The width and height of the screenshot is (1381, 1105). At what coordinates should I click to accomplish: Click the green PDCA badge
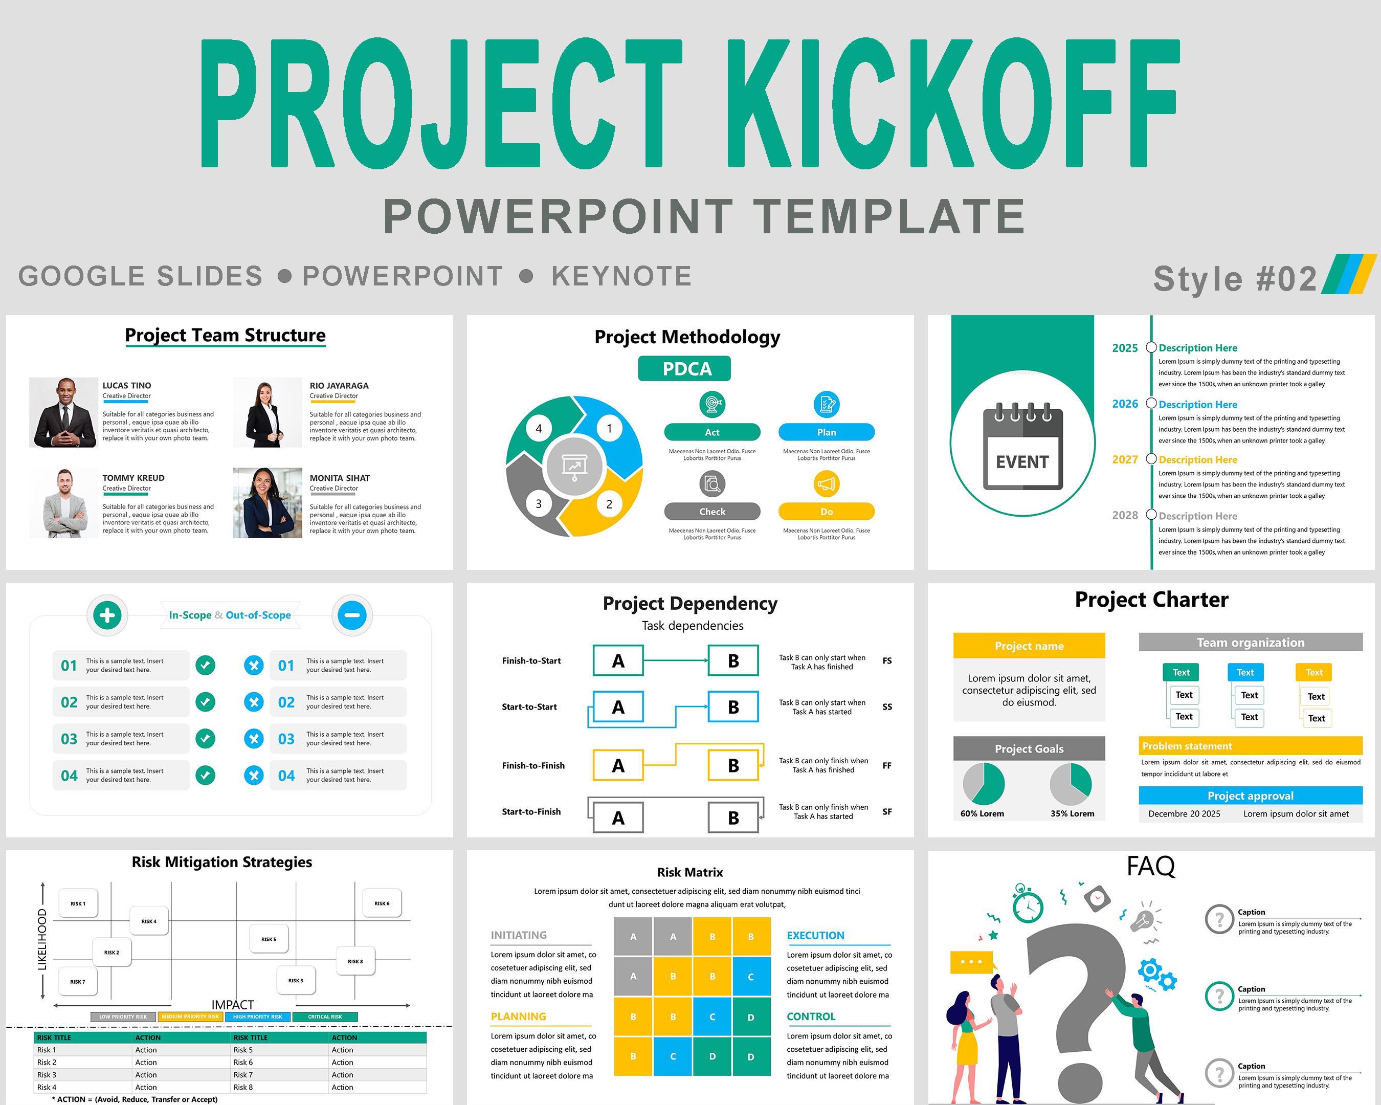click(x=684, y=369)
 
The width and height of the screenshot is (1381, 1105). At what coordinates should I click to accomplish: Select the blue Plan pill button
click(x=826, y=432)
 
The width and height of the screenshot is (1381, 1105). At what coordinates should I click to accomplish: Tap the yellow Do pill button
click(x=826, y=512)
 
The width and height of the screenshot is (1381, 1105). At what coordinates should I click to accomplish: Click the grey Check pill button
click(x=712, y=512)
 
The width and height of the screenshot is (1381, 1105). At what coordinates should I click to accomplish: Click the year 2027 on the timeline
click(x=1125, y=460)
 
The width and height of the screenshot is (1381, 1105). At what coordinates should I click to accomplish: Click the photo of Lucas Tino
click(x=63, y=412)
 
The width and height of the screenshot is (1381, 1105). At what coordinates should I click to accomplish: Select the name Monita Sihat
click(x=340, y=478)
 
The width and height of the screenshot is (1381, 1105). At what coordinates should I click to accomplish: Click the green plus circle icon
click(x=107, y=615)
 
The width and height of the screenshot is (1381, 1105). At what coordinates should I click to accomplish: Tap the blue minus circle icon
click(x=352, y=615)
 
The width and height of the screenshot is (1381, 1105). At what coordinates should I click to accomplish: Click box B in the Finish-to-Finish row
click(x=733, y=765)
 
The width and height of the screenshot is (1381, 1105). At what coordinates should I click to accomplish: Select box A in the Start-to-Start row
click(x=618, y=707)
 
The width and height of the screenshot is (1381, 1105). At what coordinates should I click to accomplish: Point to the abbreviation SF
click(x=887, y=812)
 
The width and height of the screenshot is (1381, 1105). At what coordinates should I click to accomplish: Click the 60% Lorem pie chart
click(x=983, y=784)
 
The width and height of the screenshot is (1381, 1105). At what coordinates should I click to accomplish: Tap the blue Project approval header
click(x=1251, y=795)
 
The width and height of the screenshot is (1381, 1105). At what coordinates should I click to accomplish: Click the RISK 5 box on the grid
click(x=269, y=939)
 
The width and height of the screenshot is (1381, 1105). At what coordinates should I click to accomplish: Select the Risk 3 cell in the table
click(x=47, y=1075)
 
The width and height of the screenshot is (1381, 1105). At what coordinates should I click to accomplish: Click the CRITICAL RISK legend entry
click(x=325, y=1016)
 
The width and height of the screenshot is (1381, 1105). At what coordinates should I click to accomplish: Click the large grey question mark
click(x=1076, y=999)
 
